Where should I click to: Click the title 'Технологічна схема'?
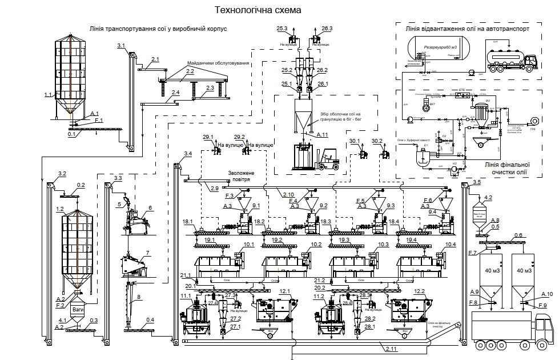[257, 10]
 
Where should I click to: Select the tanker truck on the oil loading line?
[511, 60]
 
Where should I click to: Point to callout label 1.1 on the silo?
[48, 94]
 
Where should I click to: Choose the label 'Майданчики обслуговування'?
[219, 63]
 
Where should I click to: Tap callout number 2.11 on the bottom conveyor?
[392, 348]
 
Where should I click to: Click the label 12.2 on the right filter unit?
[420, 291]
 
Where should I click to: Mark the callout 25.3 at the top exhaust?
[282, 28]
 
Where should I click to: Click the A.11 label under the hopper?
[323, 135]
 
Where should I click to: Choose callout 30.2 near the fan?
[377, 141]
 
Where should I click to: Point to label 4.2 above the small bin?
[488, 198]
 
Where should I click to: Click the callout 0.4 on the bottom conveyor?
[150, 319]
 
